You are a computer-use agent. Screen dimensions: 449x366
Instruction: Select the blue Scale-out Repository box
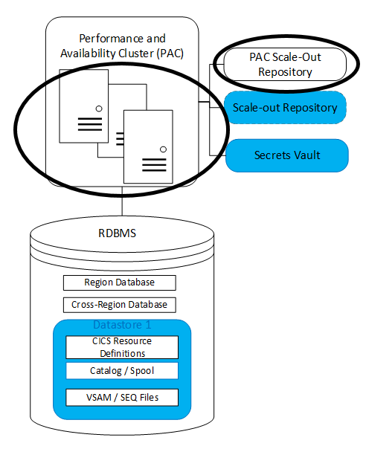pos(285,109)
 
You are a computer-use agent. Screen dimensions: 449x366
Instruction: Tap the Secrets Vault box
pos(286,155)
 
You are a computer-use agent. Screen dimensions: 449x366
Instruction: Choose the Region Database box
pos(119,282)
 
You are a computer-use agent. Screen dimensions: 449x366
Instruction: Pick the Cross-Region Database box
pos(119,305)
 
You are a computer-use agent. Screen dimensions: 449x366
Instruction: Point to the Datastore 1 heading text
pos(122,326)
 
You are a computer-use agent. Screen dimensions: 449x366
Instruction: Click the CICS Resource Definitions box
pos(122,347)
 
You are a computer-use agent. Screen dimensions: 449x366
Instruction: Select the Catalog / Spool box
pos(122,370)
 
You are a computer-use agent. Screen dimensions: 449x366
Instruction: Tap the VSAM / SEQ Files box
pos(122,397)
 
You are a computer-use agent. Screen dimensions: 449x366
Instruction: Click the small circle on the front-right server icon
pos(162,149)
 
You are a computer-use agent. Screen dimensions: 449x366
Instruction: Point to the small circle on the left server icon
pos(98,109)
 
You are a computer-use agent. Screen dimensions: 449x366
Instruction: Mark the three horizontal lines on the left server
pos(89,123)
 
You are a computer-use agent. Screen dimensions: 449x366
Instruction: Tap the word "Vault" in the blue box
pos(304,155)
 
